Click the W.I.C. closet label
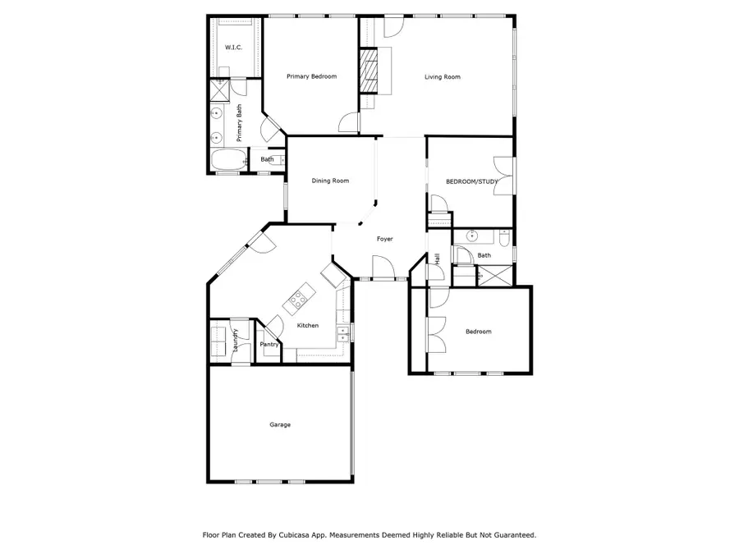click(x=233, y=48)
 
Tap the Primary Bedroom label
click(x=311, y=76)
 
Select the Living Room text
click(x=442, y=77)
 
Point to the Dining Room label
click(x=330, y=181)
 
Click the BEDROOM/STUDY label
click(x=466, y=181)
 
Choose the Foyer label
click(x=384, y=239)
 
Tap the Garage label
click(x=280, y=424)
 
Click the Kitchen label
click(x=307, y=326)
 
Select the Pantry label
click(x=269, y=346)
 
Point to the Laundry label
click(x=235, y=340)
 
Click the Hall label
click(x=437, y=259)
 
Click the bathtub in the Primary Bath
click(x=227, y=160)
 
